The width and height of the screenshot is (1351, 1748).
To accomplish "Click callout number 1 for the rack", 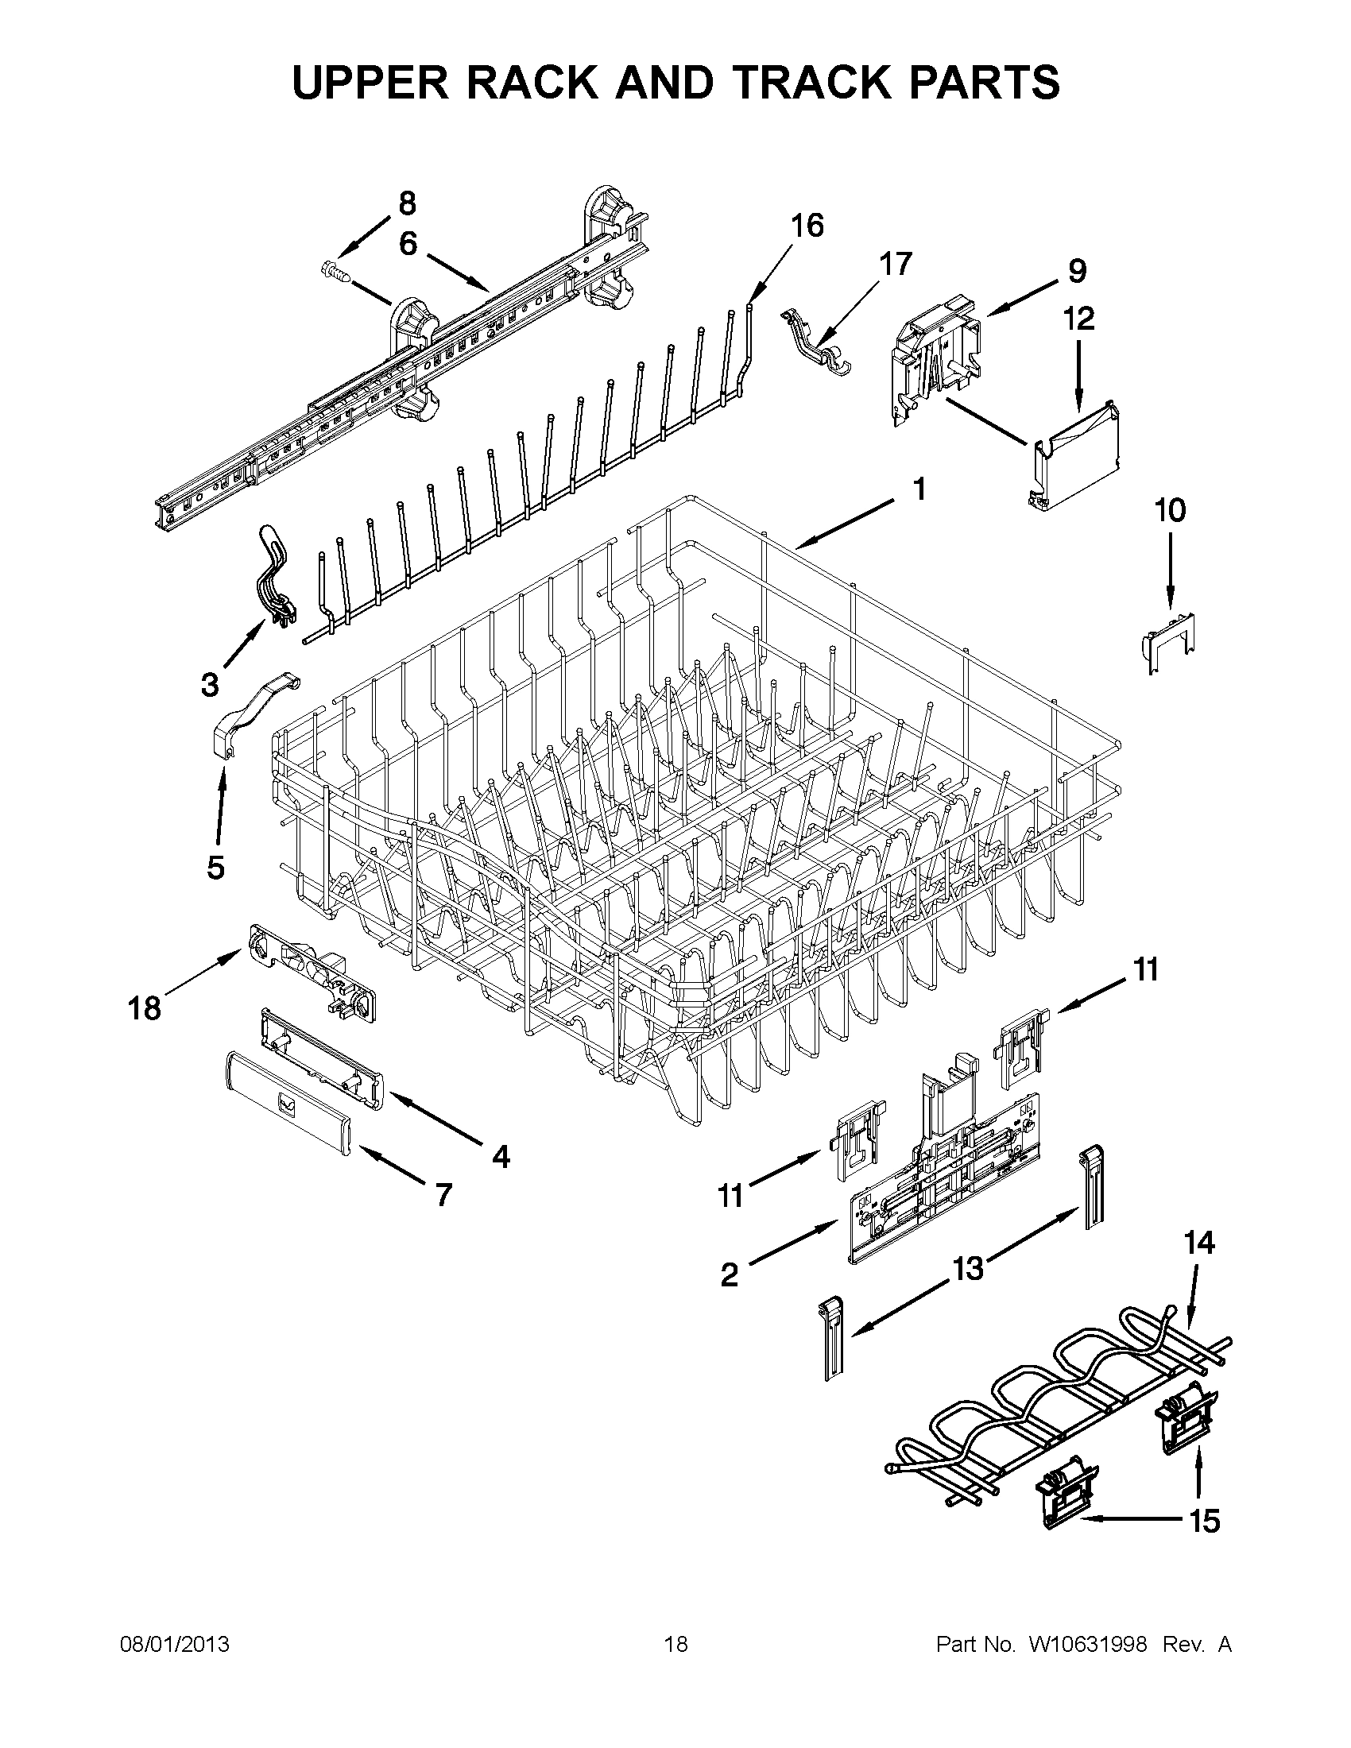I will [919, 488].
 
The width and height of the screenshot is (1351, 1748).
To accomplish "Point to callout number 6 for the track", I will [408, 243].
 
